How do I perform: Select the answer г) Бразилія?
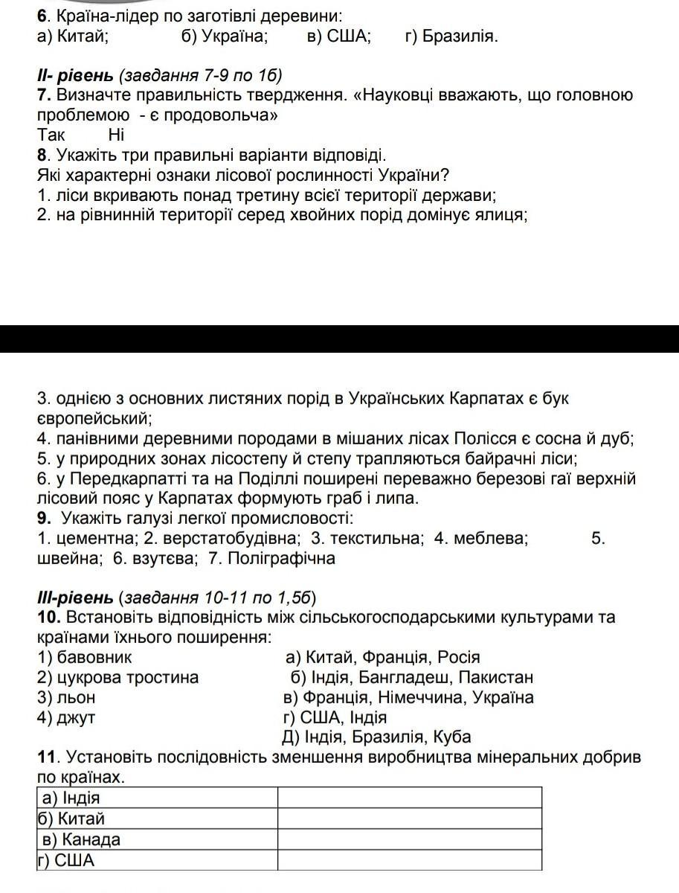(451, 36)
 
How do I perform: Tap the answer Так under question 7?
(51, 135)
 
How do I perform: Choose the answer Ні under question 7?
(117, 135)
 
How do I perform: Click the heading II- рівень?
(75, 75)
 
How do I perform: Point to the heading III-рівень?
(75, 597)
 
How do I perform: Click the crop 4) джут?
(66, 717)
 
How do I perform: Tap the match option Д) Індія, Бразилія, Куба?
(376, 737)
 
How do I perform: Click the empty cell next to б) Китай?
(409, 819)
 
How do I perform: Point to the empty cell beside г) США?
(409, 861)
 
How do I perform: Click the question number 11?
(46, 758)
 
